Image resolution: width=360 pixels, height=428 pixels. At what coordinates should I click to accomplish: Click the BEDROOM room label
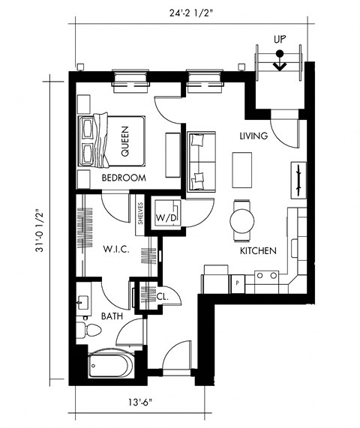tap(124, 178)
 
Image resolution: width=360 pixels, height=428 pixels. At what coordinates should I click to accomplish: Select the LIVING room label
tap(253, 136)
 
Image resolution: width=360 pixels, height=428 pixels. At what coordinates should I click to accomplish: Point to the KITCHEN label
tap(259, 251)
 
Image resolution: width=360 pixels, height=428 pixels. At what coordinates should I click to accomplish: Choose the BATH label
tap(103, 316)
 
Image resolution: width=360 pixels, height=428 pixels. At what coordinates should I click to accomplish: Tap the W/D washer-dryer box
tap(165, 218)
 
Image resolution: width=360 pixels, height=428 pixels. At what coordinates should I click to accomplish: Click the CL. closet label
tap(161, 297)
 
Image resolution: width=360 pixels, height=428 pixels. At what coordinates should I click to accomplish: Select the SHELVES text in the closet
tap(140, 212)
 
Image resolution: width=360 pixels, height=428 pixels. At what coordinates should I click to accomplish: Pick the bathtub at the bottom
tap(111, 365)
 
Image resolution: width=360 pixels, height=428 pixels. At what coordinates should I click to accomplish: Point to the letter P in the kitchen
tap(237, 283)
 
